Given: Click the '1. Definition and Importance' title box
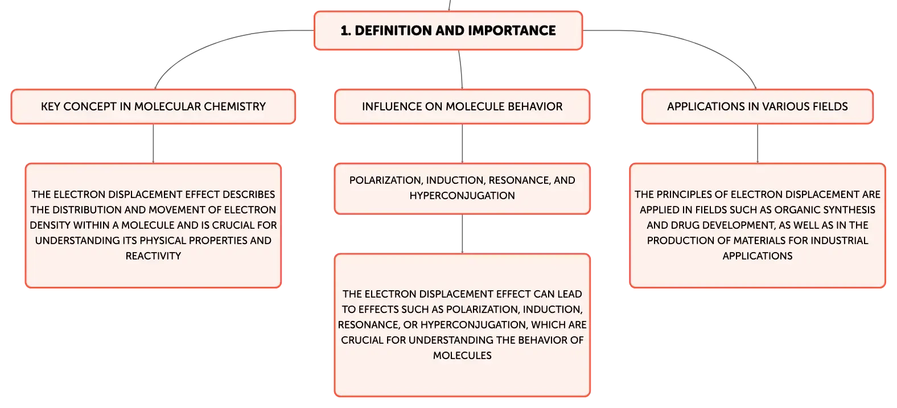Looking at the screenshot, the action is (448, 30).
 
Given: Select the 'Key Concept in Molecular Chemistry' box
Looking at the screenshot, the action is (153, 106).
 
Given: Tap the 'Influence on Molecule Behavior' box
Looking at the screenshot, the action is (462, 106).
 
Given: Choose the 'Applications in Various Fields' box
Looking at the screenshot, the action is (757, 106).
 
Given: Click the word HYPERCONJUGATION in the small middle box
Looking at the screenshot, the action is (462, 196).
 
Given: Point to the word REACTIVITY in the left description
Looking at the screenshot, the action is (153, 256).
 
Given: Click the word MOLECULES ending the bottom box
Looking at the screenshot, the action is (462, 356).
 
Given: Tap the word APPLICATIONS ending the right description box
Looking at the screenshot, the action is (757, 256).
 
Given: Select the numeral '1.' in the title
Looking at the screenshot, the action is (345, 30).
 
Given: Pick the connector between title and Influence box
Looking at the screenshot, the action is (461, 69).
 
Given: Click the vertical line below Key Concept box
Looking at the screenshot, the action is (153, 143).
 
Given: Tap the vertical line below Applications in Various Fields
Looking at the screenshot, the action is (757, 143).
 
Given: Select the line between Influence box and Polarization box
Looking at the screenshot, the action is (462, 143).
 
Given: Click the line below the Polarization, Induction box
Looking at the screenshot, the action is (462, 234).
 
